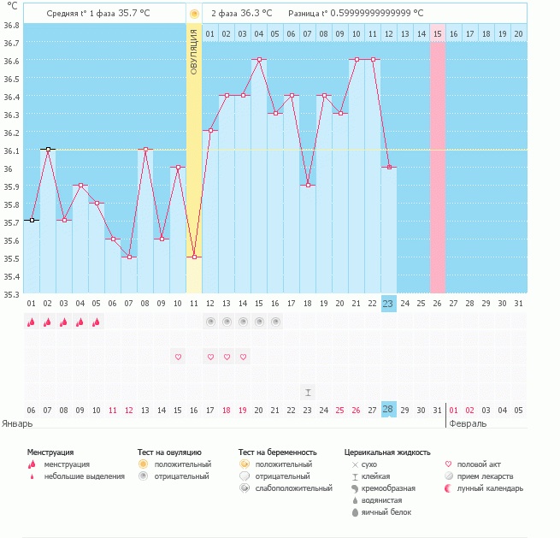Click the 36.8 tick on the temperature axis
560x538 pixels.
click(x=11, y=25)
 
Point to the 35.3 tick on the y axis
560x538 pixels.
click(x=11, y=293)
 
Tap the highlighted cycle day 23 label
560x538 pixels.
click(x=388, y=303)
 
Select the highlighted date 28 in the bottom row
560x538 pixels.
click(x=388, y=410)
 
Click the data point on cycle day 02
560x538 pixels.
click(x=48, y=150)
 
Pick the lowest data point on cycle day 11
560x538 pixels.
click(x=194, y=257)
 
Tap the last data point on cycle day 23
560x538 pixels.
click(x=388, y=168)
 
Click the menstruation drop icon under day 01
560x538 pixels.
click(x=32, y=322)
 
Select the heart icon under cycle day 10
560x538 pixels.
click(x=178, y=357)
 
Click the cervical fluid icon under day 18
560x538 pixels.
click(x=308, y=392)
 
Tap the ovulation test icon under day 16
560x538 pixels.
click(x=275, y=322)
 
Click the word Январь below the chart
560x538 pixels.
click(x=17, y=423)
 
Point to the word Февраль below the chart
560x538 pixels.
click(x=468, y=423)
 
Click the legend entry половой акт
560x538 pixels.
click(x=478, y=464)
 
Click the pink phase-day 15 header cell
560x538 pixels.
click(x=437, y=33)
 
